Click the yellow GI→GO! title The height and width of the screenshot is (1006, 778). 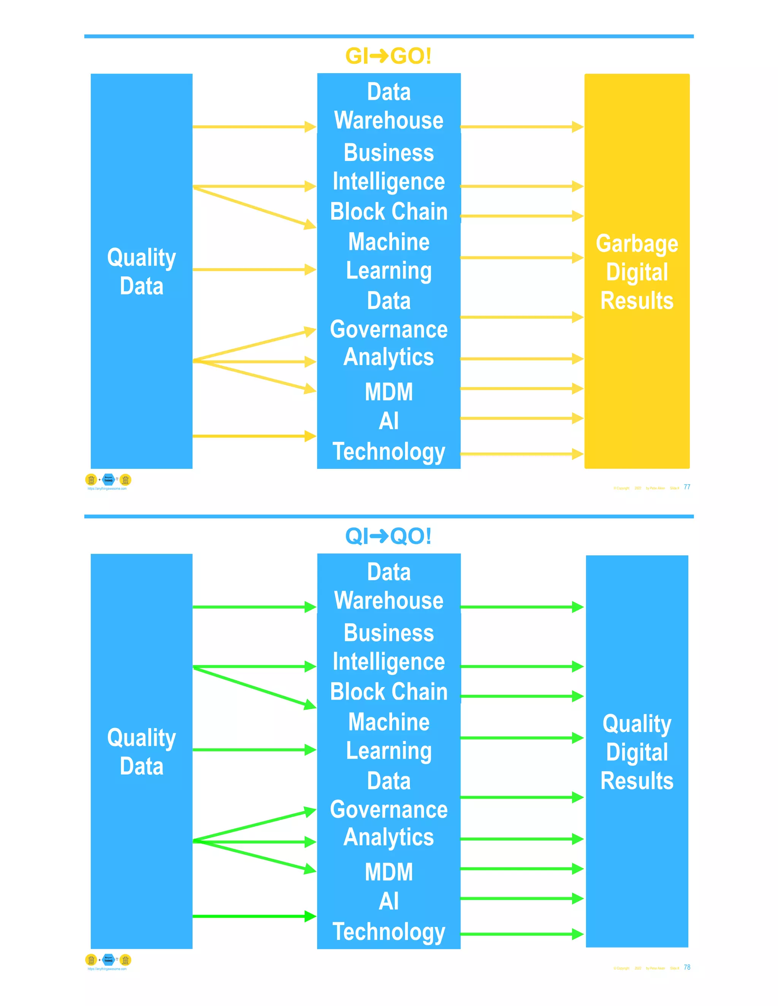tap(388, 56)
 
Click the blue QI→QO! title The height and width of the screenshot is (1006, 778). tap(388, 536)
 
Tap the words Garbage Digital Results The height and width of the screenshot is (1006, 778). tap(637, 272)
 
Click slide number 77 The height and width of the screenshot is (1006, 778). tap(687, 487)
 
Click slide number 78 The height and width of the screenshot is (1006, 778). tap(687, 967)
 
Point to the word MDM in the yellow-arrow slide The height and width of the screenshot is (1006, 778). tap(389, 392)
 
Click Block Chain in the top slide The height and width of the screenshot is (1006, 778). tap(389, 211)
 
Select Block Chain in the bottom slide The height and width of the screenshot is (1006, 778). tap(389, 692)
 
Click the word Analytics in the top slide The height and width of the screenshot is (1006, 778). tap(389, 358)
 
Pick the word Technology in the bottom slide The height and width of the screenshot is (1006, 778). tap(389, 932)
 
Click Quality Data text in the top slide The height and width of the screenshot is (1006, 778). tap(141, 271)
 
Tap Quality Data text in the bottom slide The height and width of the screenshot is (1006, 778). tap(141, 752)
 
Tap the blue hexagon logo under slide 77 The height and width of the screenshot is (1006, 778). tap(108, 479)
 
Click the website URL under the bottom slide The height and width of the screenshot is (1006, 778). tap(107, 969)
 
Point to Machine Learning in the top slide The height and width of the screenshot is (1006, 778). tap(389, 256)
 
